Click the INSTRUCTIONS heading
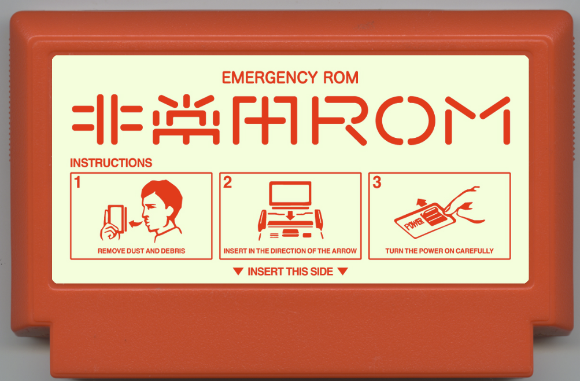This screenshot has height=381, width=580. click(x=111, y=163)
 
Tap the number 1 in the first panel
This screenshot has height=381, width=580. click(x=77, y=182)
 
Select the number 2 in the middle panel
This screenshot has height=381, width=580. click(x=227, y=182)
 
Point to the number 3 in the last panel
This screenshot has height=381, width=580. click(x=377, y=182)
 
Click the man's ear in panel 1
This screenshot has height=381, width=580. click(x=170, y=210)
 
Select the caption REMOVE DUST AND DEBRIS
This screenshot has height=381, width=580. click(x=141, y=251)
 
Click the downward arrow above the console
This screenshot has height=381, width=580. click(x=290, y=215)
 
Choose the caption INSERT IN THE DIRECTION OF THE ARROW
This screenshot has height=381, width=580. click(x=290, y=251)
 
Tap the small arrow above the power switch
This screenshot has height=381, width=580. click(x=421, y=202)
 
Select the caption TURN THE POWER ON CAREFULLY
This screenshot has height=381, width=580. click(x=439, y=251)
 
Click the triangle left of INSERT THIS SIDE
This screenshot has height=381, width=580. click(x=238, y=272)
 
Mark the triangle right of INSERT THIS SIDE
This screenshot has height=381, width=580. click(x=343, y=272)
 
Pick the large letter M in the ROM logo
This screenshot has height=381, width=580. click(x=478, y=120)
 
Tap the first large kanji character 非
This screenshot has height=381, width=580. click(x=108, y=119)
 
